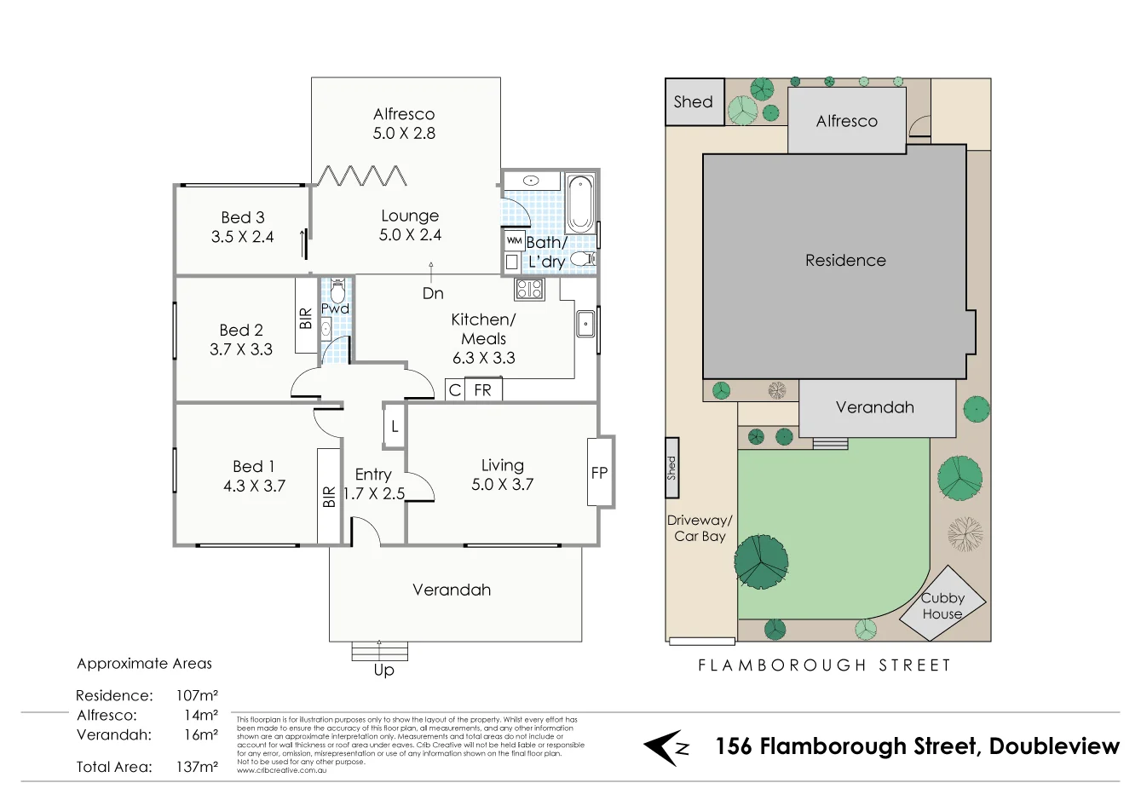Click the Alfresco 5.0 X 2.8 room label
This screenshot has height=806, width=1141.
(404, 124)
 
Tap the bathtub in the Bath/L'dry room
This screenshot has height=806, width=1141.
(580, 204)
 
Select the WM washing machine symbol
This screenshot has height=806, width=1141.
(514, 241)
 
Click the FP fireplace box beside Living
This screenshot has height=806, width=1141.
(600, 473)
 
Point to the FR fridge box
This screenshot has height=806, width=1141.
(483, 390)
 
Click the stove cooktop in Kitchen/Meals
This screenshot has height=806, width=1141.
(529, 290)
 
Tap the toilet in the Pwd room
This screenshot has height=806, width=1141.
(337, 291)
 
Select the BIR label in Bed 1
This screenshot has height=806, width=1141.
(329, 498)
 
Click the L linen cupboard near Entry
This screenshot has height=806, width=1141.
(395, 427)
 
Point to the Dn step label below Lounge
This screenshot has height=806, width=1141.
(433, 293)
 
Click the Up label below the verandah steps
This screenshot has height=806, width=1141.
(383, 670)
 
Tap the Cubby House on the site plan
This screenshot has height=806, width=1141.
(942, 605)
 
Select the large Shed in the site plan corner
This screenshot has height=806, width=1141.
(694, 102)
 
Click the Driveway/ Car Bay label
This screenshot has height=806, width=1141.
(700, 528)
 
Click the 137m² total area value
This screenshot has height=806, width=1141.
(197, 767)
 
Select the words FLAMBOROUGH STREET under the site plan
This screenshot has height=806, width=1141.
(824, 665)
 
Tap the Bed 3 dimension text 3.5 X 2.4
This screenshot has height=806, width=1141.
(242, 237)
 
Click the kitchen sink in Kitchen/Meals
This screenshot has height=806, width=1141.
(585, 325)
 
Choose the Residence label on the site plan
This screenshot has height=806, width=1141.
(845, 261)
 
